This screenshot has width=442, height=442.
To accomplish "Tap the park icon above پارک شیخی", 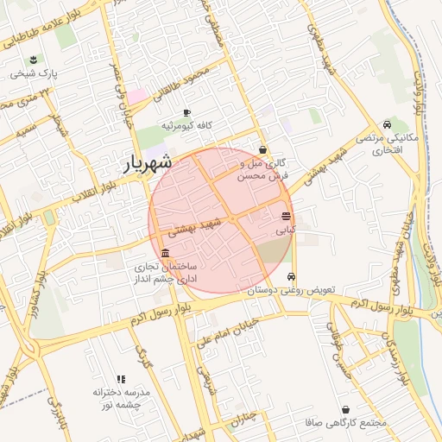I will coord(33,60).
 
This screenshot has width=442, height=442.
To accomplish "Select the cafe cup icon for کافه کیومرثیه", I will coord(186,113).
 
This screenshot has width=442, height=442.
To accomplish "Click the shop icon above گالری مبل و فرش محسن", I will coord(262,149).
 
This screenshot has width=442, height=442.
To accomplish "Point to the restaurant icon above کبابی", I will coord(286,216).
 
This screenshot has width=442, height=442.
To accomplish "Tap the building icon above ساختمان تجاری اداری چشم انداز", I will coord(165,253).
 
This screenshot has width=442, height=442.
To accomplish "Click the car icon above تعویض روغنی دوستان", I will coord(292,277).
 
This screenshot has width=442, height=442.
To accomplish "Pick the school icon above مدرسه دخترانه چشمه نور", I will coord(121,378).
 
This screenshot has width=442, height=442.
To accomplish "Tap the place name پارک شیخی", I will coord(34,74).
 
